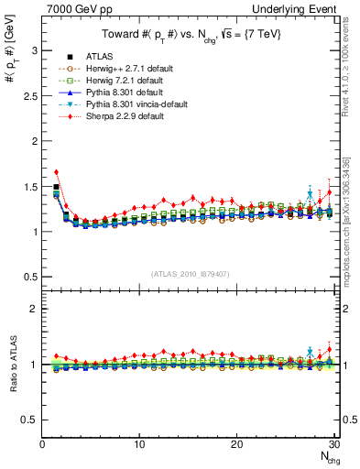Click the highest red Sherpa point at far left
point(57,172)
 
